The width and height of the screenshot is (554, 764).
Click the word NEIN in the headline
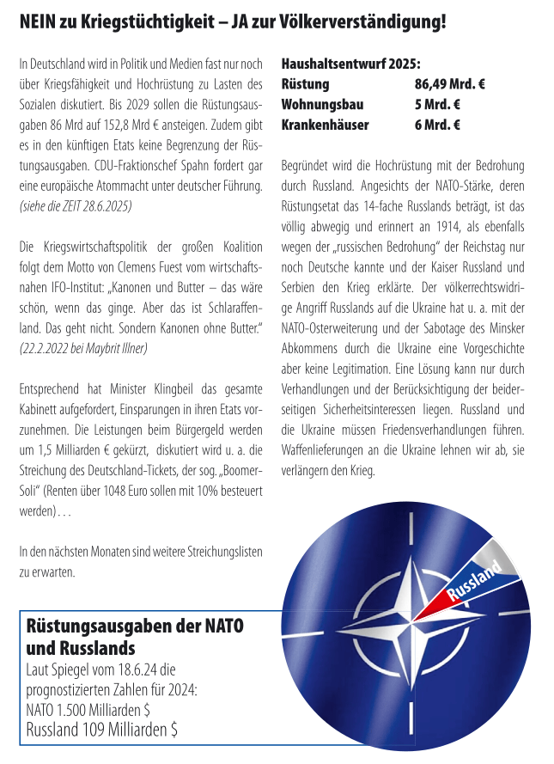click(40, 21)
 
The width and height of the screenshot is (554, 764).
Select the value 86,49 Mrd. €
click(450, 84)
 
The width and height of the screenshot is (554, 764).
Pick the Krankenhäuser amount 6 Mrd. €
click(437, 125)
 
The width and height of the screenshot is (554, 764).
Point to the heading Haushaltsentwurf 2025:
click(350, 64)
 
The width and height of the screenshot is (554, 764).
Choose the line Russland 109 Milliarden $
click(102, 730)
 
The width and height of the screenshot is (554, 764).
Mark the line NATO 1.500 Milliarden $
click(88, 710)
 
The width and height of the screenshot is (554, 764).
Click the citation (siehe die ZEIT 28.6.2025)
click(76, 207)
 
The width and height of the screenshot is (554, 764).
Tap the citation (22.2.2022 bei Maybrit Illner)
click(82, 349)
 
